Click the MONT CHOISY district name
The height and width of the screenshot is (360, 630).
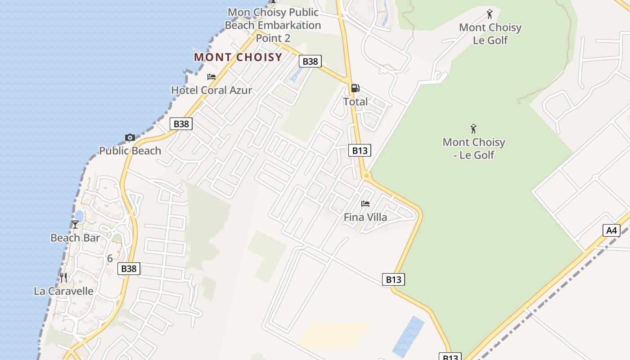(238, 58)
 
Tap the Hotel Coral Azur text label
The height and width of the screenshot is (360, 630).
(211, 90)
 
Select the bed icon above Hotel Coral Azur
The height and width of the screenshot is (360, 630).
(211, 77)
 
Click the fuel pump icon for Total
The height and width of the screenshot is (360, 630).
(355, 88)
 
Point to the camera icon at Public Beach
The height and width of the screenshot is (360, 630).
(130, 137)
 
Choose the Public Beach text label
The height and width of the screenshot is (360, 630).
(130, 151)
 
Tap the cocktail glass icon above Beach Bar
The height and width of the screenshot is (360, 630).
(75, 224)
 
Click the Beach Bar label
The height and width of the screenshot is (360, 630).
(75, 238)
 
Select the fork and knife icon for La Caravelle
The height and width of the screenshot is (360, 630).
(63, 277)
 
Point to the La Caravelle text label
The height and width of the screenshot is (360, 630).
(63, 291)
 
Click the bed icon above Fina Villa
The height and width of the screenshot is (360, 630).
(365, 204)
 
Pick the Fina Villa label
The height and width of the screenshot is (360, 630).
(365, 217)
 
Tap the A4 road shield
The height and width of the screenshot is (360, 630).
(611, 230)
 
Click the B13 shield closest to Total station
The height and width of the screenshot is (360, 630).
(360, 151)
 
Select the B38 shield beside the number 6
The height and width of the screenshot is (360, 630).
(129, 269)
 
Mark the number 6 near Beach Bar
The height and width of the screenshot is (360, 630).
(110, 259)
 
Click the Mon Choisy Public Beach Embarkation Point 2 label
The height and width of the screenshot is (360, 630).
(273, 25)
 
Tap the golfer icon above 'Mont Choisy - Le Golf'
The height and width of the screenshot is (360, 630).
(473, 129)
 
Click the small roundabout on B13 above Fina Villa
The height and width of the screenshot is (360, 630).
(367, 175)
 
